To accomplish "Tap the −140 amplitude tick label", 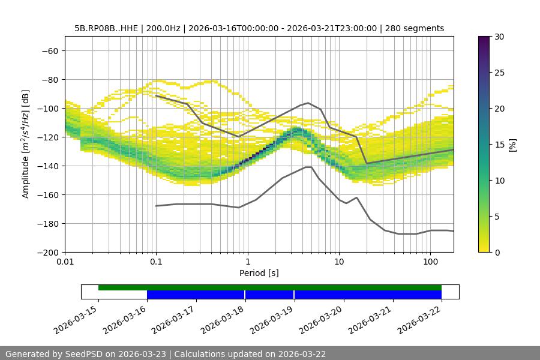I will coord(49,166).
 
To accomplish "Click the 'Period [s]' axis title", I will coord(259,273).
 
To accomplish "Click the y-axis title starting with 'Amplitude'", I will coord(26,144).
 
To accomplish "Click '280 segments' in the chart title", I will coord(415,28).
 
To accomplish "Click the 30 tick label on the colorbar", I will coord(499,37).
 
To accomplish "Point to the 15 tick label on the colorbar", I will coord(499,145).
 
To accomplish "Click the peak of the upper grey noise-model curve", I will coord(308,103).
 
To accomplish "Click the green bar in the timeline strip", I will coord(270,287).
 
